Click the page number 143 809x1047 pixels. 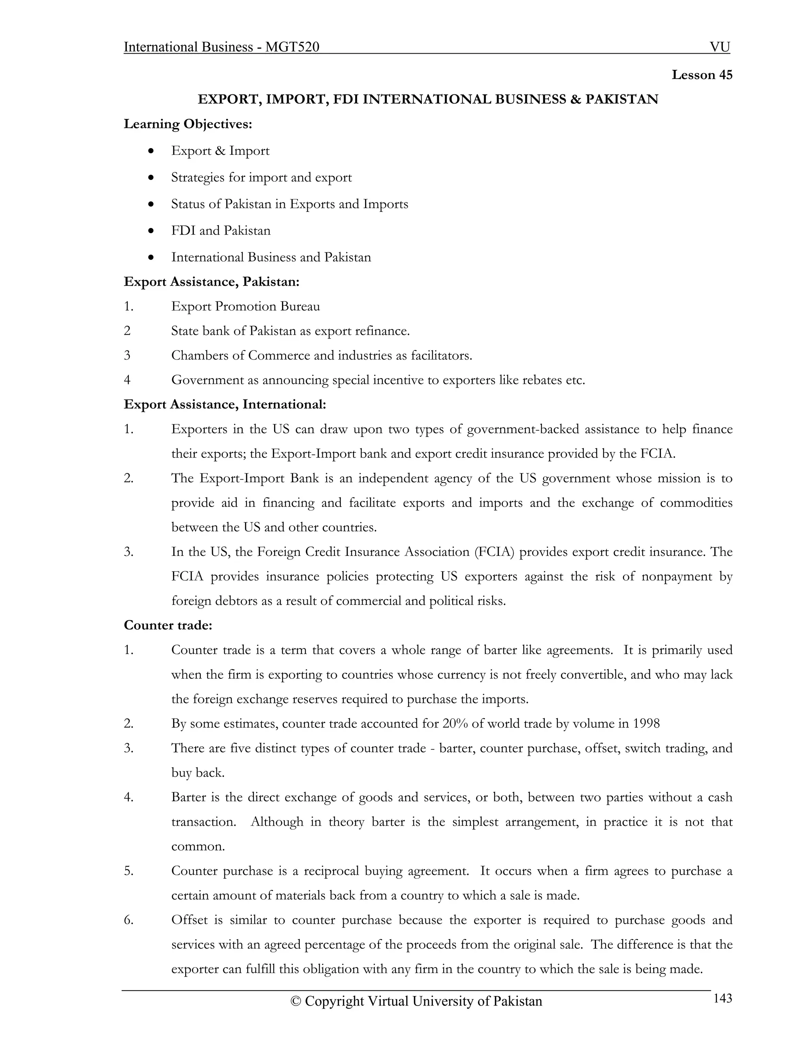(x=723, y=998)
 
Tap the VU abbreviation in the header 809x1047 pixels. (x=720, y=47)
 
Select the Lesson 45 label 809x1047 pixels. (x=702, y=75)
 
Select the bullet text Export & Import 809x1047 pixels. (x=220, y=151)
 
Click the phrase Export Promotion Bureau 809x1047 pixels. (x=245, y=306)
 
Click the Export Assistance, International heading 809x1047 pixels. (x=225, y=405)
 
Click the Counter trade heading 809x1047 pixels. (x=168, y=625)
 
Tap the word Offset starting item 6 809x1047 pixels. (x=189, y=920)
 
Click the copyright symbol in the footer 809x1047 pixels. (x=296, y=1002)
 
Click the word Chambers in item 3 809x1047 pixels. (x=200, y=356)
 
